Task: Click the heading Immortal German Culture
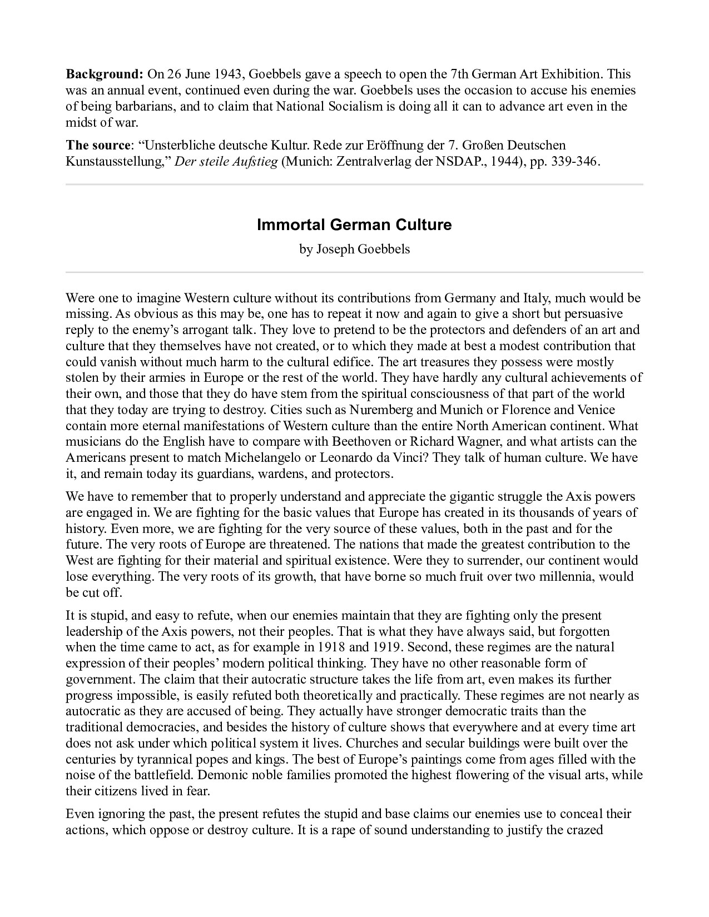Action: point(354,225)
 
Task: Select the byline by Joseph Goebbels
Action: point(354,249)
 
